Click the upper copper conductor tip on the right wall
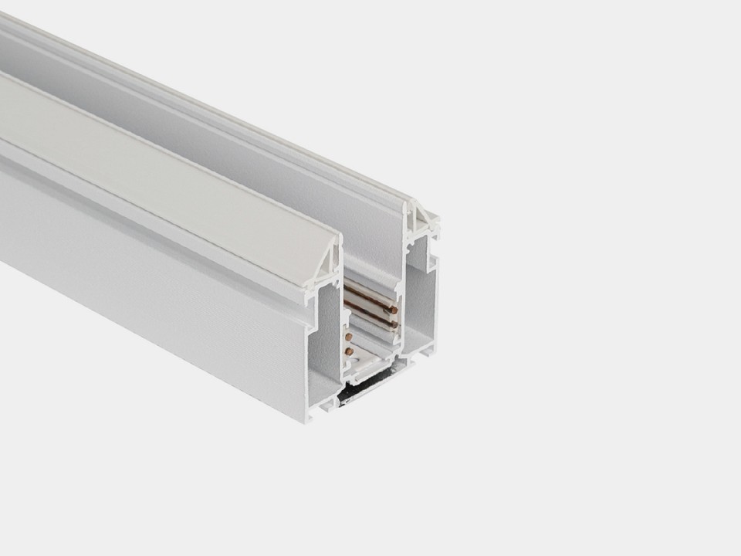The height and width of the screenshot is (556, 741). (394, 310)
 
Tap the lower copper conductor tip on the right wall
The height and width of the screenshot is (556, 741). (394, 325)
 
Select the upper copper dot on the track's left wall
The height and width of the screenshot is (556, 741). (348, 337)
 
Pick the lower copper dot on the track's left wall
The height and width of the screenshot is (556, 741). (348, 351)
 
